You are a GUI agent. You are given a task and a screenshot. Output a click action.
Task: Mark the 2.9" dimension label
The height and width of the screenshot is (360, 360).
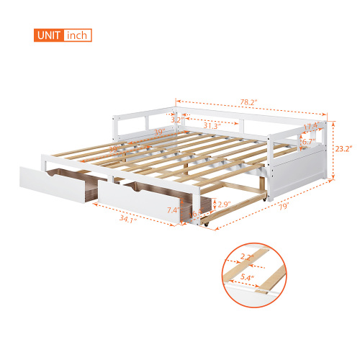[224, 204]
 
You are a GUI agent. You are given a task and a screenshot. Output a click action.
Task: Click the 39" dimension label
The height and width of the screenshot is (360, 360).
[158, 132]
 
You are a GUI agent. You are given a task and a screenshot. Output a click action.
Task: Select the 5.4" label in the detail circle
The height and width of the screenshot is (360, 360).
[267, 276]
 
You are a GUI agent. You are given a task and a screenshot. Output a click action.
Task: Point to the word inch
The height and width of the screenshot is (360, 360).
[77, 35]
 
